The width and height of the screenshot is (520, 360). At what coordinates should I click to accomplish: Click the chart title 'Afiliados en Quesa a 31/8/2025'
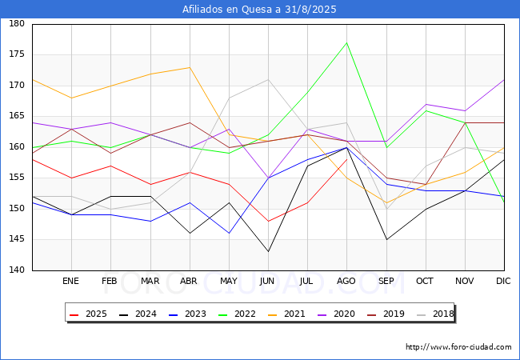click(259, 10)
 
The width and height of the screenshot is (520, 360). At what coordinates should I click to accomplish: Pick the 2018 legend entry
click(435, 314)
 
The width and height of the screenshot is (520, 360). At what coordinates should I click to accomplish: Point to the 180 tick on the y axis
click(17, 24)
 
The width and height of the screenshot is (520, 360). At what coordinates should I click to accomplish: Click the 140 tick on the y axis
click(17, 270)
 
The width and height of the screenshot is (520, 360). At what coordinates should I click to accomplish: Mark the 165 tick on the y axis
click(17, 116)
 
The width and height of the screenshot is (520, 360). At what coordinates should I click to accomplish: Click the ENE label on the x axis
click(71, 282)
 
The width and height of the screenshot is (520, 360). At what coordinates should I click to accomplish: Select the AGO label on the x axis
click(346, 282)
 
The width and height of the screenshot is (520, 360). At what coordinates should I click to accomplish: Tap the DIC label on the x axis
click(503, 282)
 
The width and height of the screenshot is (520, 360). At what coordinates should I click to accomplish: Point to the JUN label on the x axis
click(268, 282)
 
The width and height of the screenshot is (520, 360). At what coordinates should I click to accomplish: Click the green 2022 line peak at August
click(346, 42)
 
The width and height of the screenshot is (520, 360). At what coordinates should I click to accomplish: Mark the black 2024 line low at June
click(268, 252)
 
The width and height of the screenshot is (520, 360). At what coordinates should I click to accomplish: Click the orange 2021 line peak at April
click(190, 67)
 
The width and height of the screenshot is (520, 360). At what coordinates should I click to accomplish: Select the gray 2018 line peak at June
click(268, 79)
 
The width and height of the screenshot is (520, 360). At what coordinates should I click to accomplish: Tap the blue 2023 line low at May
click(229, 234)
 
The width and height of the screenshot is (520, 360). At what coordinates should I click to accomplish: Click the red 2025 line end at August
click(346, 159)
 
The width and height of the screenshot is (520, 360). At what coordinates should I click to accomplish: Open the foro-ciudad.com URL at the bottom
click(458, 347)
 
